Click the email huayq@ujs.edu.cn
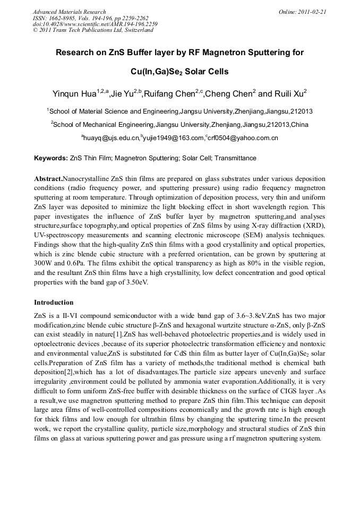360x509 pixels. point(111,138)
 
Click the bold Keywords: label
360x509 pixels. point(51,158)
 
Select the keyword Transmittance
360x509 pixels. point(234,158)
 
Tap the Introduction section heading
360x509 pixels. point(54,303)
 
